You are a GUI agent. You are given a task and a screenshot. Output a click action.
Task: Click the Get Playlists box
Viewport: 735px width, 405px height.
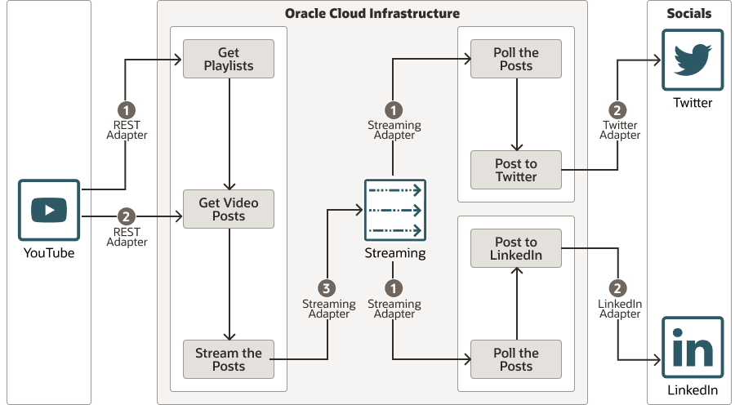229,59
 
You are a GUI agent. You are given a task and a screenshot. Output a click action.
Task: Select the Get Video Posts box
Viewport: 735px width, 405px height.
229,209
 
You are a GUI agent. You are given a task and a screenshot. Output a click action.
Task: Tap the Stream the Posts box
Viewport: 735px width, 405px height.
229,359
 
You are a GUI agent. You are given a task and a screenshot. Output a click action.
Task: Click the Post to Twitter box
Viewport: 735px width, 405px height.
516,170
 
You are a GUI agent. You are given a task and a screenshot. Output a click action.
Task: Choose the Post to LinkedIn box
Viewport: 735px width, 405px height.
516,248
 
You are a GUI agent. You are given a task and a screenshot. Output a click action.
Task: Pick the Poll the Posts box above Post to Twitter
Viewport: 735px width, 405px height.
516,59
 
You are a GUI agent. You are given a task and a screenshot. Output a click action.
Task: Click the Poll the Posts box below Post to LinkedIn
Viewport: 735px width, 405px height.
516,359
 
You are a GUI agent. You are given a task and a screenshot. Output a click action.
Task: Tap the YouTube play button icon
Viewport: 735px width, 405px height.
49,210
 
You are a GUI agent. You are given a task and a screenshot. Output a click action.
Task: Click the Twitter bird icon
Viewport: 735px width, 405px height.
693,60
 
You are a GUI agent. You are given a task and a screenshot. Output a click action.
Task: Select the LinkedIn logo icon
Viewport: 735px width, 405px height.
693,347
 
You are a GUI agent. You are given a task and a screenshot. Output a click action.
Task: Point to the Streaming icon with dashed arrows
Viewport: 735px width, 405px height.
395,210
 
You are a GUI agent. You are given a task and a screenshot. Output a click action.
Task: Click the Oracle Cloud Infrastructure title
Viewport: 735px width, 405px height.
372,14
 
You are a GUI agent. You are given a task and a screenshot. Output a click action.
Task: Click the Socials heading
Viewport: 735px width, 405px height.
689,14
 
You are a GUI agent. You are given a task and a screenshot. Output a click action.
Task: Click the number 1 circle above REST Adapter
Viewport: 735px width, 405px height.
127,109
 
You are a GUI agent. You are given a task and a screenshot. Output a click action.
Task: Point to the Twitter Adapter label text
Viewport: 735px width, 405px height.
620,131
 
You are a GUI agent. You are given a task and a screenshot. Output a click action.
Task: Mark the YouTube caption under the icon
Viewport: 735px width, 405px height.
49,253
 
